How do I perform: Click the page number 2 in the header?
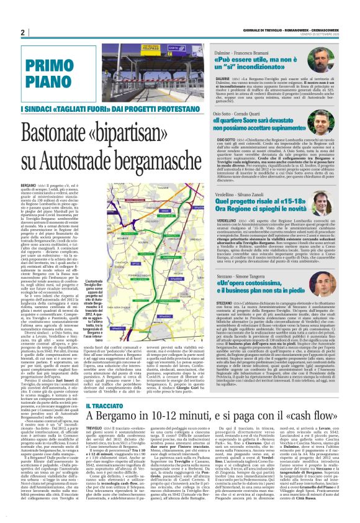22,32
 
